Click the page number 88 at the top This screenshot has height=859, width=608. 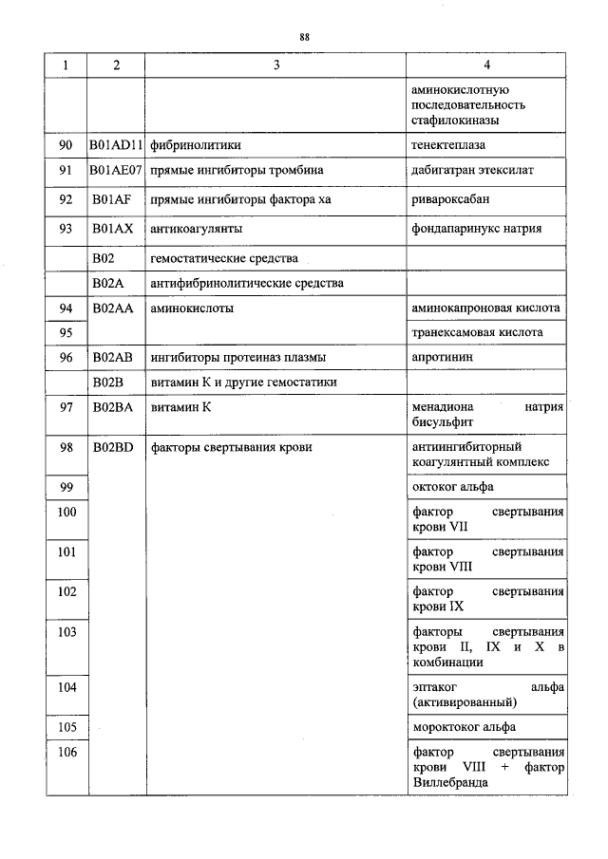coord(305,37)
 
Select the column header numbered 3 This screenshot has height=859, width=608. coord(275,65)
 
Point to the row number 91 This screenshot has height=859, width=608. coord(66,171)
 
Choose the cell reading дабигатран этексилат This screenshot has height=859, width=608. coord(473,171)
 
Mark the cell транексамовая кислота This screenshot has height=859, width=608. coord(478,333)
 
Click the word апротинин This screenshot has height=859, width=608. coord(442,358)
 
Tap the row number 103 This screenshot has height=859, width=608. coord(66,631)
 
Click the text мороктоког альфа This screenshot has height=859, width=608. coord(465,727)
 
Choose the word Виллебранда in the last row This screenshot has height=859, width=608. coord(451,782)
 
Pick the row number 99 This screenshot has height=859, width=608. coord(66,486)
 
